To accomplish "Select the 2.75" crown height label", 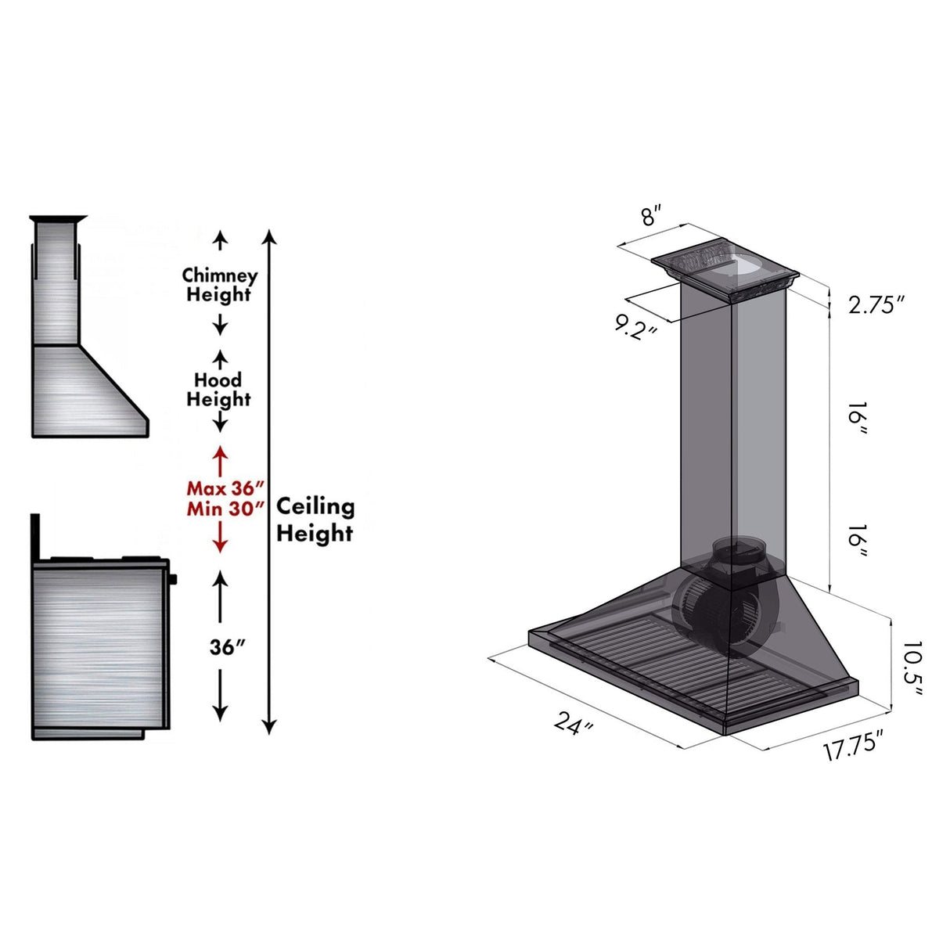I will (876, 304).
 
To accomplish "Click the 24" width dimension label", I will (574, 723).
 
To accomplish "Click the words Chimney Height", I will (219, 285).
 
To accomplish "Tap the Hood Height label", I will (218, 390).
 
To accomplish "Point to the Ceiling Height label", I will (315, 520).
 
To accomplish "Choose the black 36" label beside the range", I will (228, 648).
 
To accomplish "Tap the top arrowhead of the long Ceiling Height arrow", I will (269, 236).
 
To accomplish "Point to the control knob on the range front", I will (172, 579).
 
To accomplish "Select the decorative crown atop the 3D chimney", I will (725, 271).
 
